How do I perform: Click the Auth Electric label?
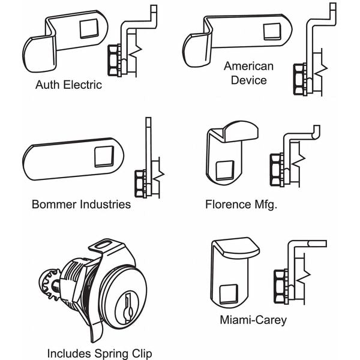[x=68, y=85]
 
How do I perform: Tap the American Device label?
[x=249, y=73]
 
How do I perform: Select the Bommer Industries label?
[x=81, y=205]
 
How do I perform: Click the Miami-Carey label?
[x=253, y=320]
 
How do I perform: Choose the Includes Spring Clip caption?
[x=100, y=353]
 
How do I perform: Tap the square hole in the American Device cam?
[x=272, y=32]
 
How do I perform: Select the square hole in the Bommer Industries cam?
[x=104, y=157]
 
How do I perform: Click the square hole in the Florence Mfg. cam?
[x=225, y=170]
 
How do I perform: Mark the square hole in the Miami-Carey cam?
[x=228, y=294]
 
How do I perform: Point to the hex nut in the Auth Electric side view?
[x=114, y=60]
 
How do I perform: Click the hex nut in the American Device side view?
[x=299, y=79]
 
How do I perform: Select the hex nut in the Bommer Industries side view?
[x=140, y=183]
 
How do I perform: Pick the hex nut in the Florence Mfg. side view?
[x=277, y=169]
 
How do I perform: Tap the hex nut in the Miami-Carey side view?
[x=280, y=286]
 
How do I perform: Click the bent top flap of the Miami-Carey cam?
[x=235, y=247]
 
